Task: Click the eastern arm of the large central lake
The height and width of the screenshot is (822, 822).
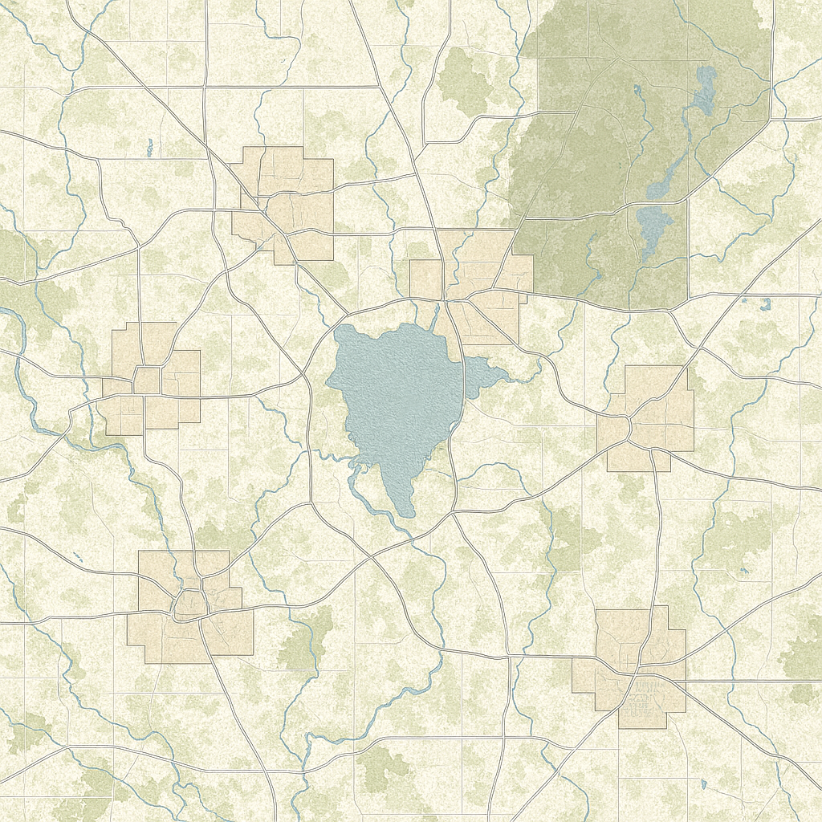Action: (486, 373)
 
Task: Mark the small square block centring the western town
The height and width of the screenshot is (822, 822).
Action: (146, 380)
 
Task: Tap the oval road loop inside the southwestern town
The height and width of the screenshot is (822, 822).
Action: (190, 604)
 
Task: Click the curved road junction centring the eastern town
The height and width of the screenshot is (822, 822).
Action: (631, 421)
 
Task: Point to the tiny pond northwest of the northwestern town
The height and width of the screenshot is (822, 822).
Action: (149, 147)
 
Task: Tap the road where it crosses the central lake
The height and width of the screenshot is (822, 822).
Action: (462, 377)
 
